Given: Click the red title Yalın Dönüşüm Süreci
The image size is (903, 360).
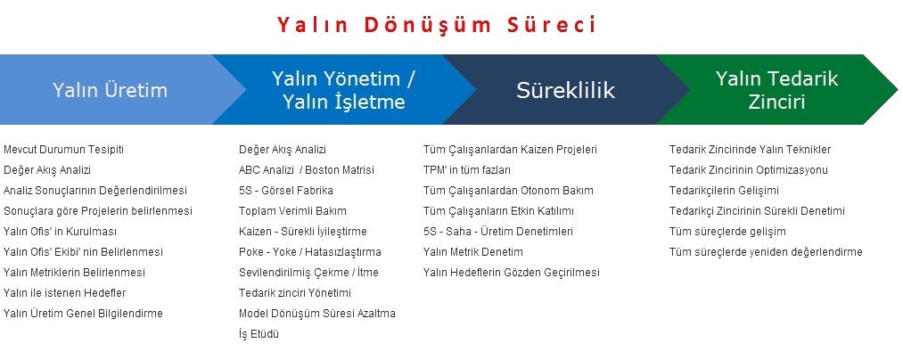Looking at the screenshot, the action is click(437, 25).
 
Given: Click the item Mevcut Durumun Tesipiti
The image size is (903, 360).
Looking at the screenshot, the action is click(63, 150).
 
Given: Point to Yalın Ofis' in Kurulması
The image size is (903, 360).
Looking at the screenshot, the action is click(60, 232).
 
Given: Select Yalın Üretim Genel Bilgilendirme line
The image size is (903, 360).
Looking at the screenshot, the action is click(83, 314).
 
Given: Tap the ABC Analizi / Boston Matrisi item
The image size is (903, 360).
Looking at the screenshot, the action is click(307, 170).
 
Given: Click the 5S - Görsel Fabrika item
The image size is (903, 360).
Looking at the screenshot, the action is click(285, 191).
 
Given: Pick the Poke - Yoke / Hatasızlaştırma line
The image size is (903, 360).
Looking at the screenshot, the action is click(310, 251).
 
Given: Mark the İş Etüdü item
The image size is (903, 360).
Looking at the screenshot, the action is click(259, 334).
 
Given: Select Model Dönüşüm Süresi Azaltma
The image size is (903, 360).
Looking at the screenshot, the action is click(317, 314).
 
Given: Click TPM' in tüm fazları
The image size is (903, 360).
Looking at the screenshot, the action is click(467, 170).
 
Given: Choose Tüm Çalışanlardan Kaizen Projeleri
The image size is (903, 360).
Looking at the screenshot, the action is click(510, 150).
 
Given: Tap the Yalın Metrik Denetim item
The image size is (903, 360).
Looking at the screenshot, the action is click(472, 251).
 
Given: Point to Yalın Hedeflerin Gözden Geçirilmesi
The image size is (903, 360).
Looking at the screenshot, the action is click(512, 273).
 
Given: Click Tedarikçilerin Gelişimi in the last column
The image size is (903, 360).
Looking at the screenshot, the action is click(724, 191).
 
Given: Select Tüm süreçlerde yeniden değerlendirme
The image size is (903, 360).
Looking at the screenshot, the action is click(766, 251).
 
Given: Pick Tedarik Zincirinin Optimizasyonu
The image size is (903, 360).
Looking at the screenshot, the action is click(749, 170).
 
